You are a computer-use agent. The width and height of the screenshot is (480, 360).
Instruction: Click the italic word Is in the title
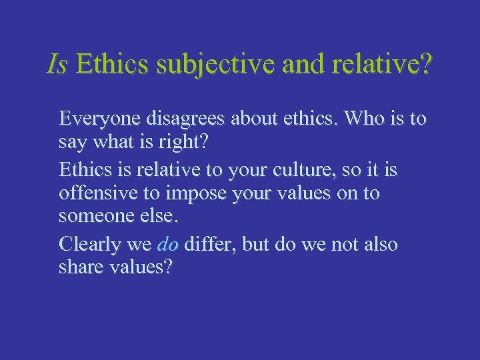[x=57, y=65]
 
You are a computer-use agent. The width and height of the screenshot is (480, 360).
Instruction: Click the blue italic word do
[x=167, y=245]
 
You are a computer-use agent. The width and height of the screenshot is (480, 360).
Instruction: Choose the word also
[x=379, y=244]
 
